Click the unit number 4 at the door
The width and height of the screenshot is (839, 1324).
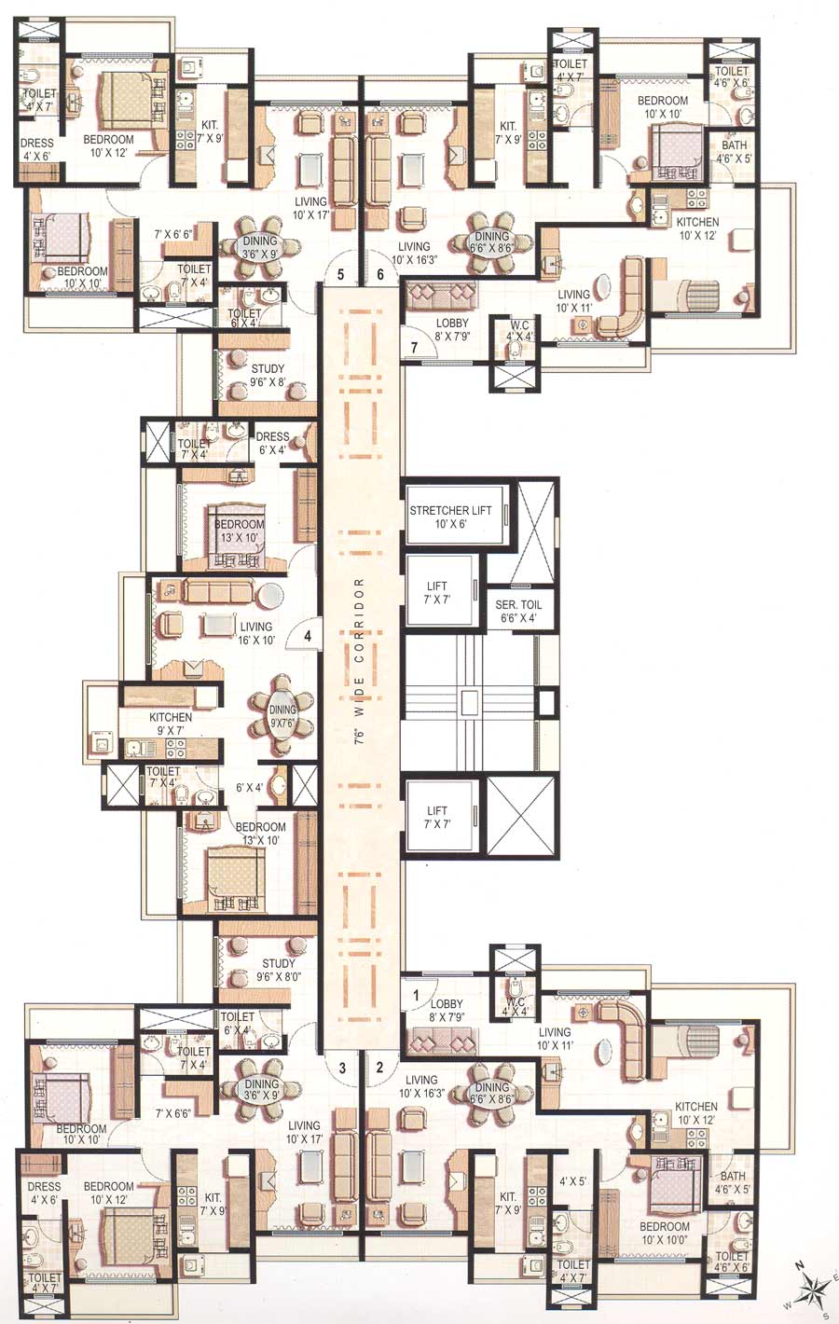(306, 638)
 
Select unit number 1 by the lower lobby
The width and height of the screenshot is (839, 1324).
(416, 994)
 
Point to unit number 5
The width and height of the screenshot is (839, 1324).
(340, 274)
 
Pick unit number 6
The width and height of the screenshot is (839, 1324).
(380, 274)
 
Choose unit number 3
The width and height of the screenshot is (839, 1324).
(342, 1068)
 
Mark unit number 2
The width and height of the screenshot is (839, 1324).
(380, 1068)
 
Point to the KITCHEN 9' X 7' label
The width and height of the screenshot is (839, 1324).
(171, 724)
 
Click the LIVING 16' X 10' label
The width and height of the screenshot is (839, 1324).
(255, 633)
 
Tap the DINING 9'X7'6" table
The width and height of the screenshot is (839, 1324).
(282, 714)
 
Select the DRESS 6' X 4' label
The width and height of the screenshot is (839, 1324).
(272, 443)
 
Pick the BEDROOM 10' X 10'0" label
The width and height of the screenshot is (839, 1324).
(665, 1233)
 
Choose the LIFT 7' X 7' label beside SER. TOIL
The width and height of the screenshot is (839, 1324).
(437, 592)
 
